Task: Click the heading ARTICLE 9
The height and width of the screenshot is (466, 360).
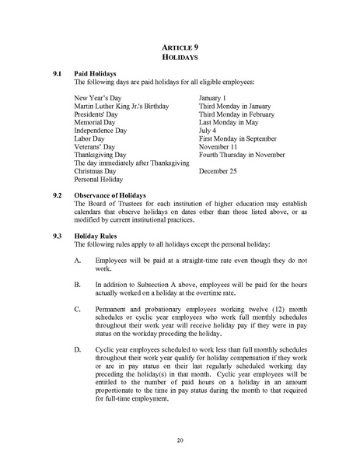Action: [180, 47]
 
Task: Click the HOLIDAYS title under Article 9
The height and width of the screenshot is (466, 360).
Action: [180, 58]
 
